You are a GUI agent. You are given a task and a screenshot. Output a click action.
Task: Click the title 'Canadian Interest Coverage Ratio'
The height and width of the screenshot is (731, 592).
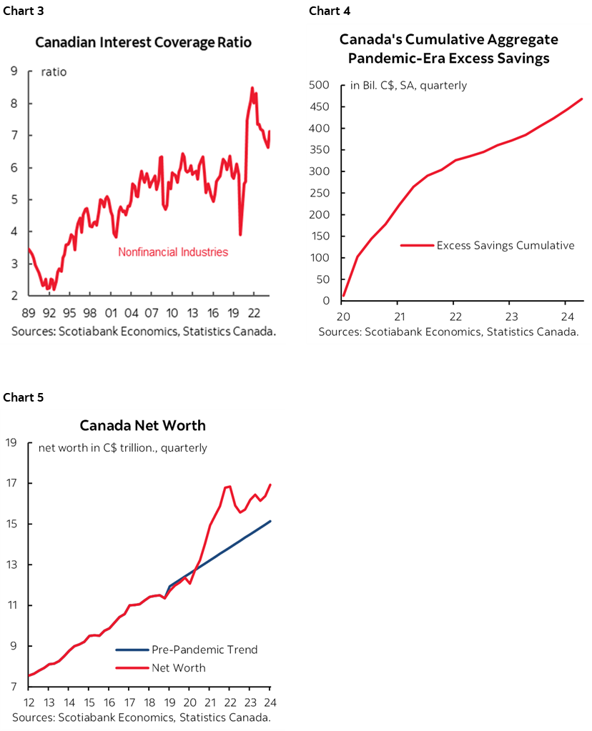(x=143, y=42)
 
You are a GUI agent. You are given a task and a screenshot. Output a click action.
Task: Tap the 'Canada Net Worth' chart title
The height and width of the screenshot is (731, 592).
(x=142, y=425)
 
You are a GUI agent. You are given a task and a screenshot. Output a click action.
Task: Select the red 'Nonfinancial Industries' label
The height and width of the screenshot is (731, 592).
(x=173, y=252)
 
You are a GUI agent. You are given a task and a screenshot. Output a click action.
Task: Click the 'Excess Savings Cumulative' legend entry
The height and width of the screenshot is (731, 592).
(x=505, y=245)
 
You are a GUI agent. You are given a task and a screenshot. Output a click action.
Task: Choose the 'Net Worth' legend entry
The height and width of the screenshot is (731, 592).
(x=178, y=667)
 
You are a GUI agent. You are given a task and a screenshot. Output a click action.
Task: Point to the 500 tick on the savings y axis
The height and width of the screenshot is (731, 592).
(x=319, y=85)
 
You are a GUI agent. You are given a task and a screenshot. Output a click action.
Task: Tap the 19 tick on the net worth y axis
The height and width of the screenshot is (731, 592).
(x=11, y=442)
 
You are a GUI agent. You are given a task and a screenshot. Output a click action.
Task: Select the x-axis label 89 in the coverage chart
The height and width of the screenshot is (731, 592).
(x=28, y=312)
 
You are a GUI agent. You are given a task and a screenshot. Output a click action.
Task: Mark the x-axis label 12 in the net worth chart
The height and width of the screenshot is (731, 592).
(x=29, y=701)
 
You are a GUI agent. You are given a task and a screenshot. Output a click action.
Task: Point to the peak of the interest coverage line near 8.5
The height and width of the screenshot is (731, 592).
(x=252, y=88)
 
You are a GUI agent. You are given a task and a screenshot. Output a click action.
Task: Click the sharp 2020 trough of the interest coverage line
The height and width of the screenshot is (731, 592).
(x=240, y=234)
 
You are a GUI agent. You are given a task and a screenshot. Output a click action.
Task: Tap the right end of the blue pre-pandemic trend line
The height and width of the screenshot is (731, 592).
(x=270, y=521)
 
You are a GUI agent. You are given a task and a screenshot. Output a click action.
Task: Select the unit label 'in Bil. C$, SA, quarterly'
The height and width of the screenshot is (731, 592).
(x=408, y=85)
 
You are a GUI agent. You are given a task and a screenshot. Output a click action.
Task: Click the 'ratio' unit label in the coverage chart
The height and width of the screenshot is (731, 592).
(x=54, y=71)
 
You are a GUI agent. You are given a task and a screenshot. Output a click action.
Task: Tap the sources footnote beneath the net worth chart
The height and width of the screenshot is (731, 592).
(x=141, y=717)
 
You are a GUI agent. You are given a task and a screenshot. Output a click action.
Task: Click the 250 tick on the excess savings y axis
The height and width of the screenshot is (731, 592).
(x=319, y=193)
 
